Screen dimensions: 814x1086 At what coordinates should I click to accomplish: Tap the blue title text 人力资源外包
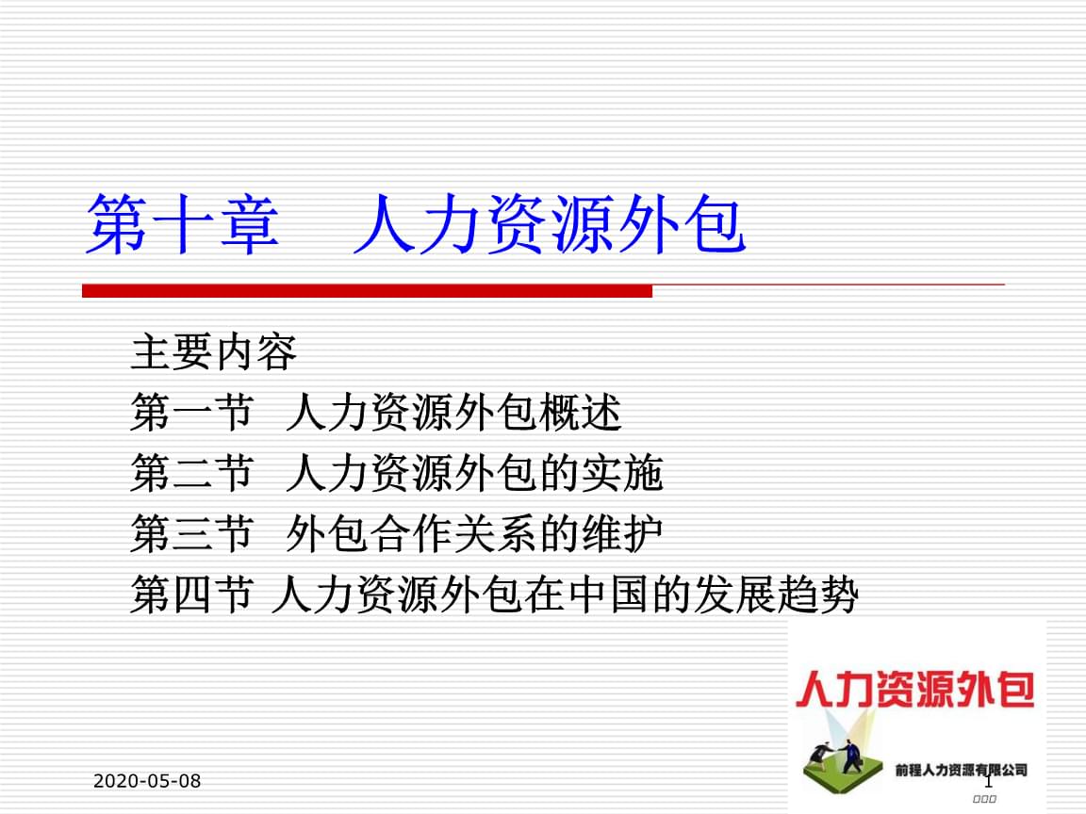[551, 225]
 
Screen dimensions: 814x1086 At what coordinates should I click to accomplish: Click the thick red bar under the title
[367, 291]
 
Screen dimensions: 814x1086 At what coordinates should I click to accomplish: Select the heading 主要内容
[214, 352]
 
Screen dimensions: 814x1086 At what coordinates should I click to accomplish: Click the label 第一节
[192, 414]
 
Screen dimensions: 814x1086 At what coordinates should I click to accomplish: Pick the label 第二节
[192, 474]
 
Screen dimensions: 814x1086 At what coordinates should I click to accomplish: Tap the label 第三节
[192, 535]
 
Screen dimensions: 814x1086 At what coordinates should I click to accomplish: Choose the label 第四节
[192, 596]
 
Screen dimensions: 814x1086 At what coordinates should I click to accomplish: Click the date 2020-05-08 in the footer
[148, 781]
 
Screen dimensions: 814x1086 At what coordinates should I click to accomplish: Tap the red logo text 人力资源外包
[914, 690]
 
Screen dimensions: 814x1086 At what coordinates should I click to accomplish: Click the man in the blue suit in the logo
[852, 755]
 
